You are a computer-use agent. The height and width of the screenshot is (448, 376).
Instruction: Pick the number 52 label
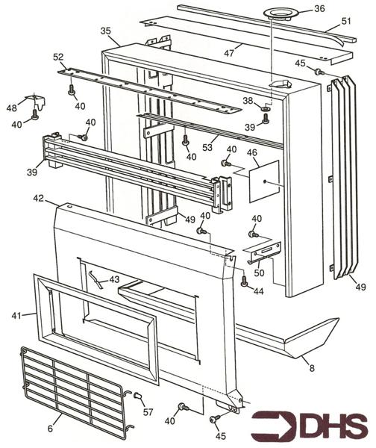pos(59,57)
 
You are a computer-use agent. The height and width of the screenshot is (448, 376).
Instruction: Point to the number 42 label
pos(38,199)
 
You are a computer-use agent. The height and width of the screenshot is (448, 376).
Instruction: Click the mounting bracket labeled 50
pos(263,251)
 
